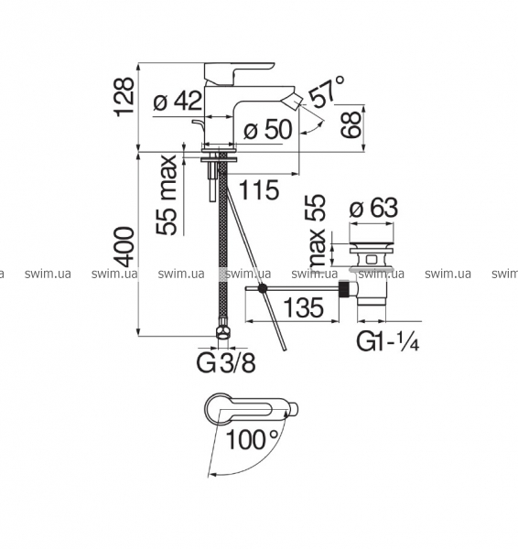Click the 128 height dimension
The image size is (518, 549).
point(124,97)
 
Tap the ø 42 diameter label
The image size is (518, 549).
point(178,101)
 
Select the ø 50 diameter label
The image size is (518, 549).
point(268,129)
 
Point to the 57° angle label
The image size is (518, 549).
point(326,91)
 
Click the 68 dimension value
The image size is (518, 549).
point(351,124)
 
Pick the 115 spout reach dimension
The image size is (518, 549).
point(259,190)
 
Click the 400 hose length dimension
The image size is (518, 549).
point(124,247)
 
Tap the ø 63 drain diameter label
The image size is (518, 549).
point(373,209)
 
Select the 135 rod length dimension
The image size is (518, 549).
point(303,308)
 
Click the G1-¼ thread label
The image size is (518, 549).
point(388,341)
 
